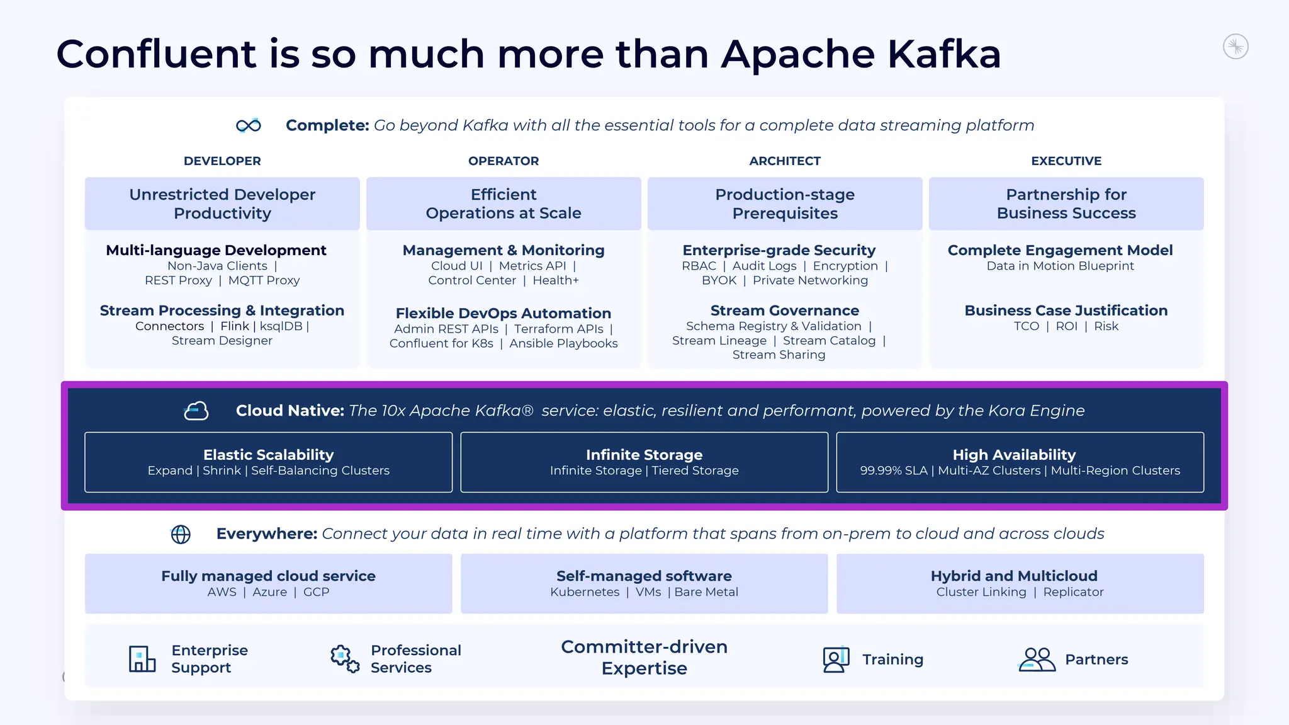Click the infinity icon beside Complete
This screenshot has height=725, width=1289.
point(249,125)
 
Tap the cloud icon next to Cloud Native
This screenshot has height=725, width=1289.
point(196,411)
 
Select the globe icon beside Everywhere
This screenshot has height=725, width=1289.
point(181,534)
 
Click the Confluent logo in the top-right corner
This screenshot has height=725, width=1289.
point(1236,47)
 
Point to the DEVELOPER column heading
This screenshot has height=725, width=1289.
point(222,161)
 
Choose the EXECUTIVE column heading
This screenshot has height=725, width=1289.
point(1066,161)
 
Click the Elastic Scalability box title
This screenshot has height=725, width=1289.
point(268,455)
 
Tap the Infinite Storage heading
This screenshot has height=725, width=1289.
point(644,455)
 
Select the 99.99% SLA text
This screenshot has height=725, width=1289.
point(894,471)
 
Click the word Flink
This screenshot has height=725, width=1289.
point(235,326)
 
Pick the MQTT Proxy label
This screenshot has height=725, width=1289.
point(264,280)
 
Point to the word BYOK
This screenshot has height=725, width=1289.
point(719,280)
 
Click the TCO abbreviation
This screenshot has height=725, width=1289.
point(1026,326)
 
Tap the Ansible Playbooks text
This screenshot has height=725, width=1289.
point(563,343)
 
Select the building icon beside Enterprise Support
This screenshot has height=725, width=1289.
point(142,659)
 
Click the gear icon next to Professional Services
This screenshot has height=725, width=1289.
point(345,658)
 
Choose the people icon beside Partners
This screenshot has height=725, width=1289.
point(1037,659)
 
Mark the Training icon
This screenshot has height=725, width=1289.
point(836,659)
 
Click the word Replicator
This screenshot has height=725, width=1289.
point(1073,592)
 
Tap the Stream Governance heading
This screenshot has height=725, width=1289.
point(784,311)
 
